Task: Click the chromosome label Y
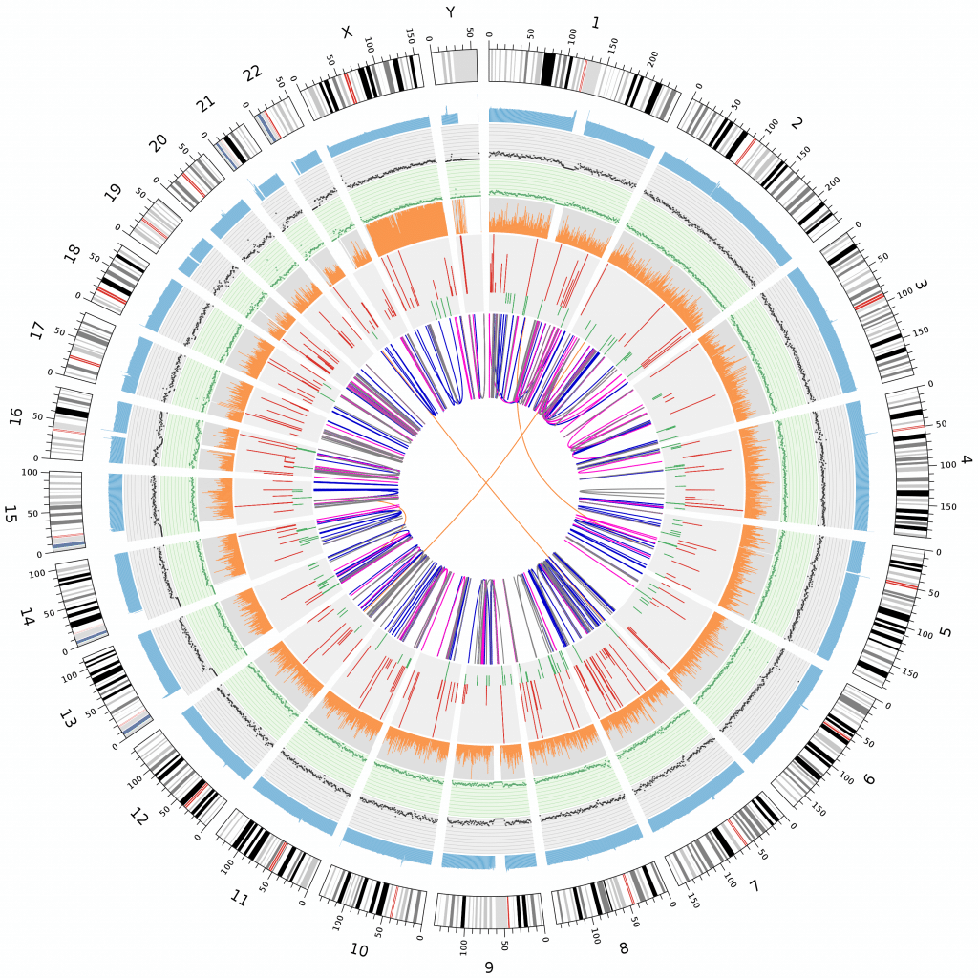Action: tap(450, 11)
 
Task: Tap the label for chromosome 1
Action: tap(596, 22)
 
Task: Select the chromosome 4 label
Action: tap(966, 460)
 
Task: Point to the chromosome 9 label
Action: tap(489, 967)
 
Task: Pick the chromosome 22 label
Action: tap(253, 73)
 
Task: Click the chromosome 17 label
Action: tap(36, 331)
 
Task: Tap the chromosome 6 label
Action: tap(868, 779)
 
